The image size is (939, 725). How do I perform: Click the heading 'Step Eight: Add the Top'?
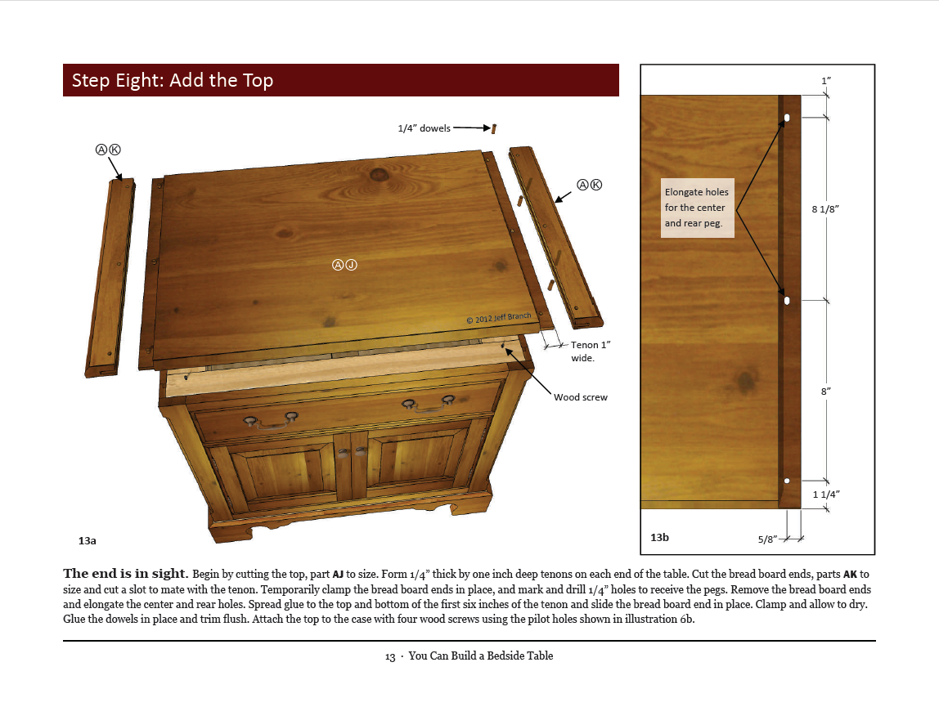[x=173, y=80]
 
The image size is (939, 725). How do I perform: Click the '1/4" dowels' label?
[x=424, y=128]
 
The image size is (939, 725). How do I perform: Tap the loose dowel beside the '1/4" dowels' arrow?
[x=494, y=128]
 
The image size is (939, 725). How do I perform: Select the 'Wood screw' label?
[x=580, y=397]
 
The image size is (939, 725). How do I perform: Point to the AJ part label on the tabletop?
[x=344, y=264]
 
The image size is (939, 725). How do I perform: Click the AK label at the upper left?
[x=108, y=150]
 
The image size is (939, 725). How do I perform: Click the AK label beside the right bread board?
[x=589, y=185]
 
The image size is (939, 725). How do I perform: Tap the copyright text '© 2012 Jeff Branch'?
[x=498, y=317]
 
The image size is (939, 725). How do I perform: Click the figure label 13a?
[x=87, y=540]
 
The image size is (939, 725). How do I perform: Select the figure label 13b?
[x=659, y=537]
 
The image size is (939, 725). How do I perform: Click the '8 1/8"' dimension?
[x=825, y=209]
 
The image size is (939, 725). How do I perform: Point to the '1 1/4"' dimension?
[x=826, y=494]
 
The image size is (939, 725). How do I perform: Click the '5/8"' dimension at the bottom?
[x=767, y=539]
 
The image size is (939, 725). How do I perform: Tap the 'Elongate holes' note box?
[x=696, y=208]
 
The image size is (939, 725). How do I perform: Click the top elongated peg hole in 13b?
[x=787, y=119]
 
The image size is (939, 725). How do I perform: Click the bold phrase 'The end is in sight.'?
[x=125, y=573]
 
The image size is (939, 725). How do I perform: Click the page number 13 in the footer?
[x=390, y=656]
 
